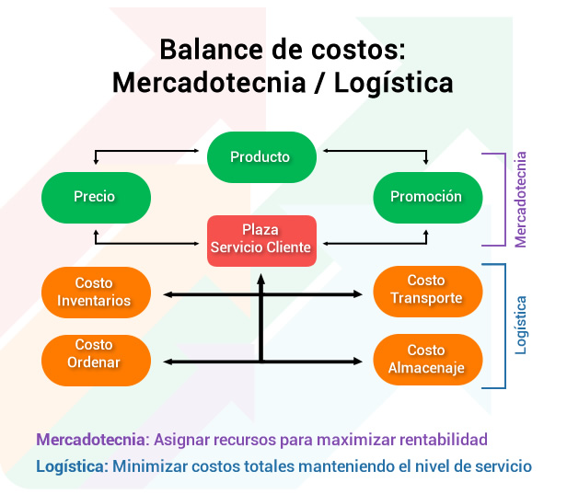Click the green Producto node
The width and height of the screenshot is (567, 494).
coord(261,157)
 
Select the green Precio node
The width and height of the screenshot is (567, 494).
coord(96,197)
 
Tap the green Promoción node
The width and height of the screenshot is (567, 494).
coord(428,197)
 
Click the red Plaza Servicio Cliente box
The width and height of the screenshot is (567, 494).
coord(261,241)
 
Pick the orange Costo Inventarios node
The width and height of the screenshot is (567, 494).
coord(96,293)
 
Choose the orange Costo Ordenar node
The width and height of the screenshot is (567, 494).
coord(96,361)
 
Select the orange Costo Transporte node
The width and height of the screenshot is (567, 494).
coord(428,292)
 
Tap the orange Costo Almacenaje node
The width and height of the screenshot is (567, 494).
coord(428,360)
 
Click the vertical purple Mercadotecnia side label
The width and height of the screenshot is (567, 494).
coord(520,200)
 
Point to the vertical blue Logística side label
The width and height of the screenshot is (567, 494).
coord(520,325)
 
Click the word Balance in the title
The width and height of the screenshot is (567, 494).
coord(211,50)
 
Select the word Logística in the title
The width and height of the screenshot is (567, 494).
coord(393,84)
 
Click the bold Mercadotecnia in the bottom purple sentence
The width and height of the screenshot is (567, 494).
coord(91,440)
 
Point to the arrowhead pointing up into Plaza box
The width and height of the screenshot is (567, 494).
coord(261,279)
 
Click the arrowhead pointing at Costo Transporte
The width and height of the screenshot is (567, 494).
coord(358,294)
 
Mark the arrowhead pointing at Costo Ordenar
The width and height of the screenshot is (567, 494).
coord(168,362)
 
